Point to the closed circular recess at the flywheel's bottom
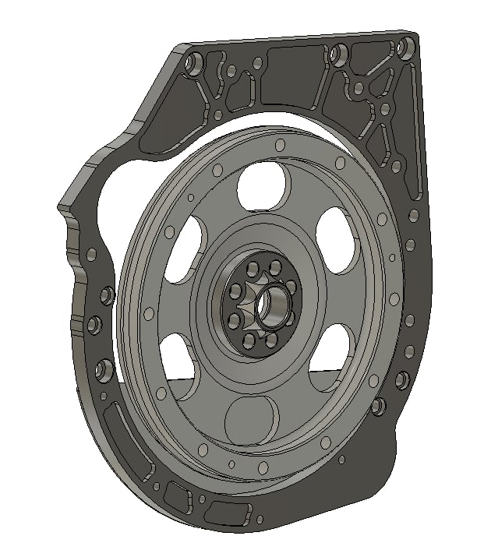click(252, 423)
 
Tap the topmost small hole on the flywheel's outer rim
click(278, 145)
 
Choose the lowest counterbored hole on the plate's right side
click(378, 406)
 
